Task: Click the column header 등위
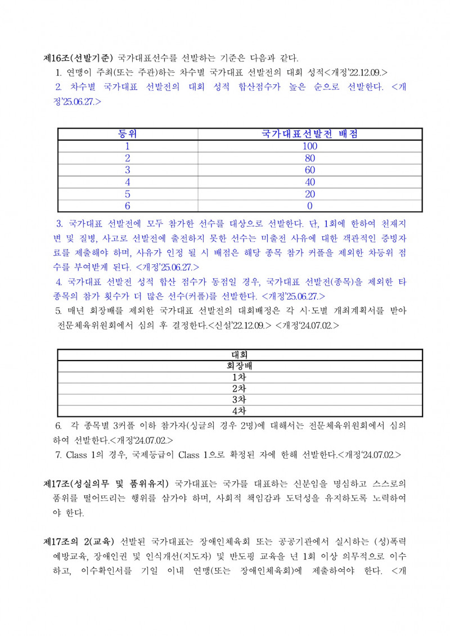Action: pos(128,134)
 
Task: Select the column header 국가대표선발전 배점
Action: pos(310,134)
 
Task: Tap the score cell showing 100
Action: pos(310,146)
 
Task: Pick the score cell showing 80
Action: pos(310,158)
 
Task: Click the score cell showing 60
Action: pos(310,170)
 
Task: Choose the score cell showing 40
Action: pos(310,182)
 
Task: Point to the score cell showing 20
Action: pos(310,194)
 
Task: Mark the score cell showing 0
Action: pos(310,206)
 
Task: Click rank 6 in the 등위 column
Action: pos(128,206)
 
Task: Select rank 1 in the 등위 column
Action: pos(128,146)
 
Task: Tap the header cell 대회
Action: pos(240,355)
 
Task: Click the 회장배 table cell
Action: pos(240,366)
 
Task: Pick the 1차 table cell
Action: pos(240,377)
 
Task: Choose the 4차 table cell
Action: pos(240,411)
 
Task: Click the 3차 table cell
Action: pos(240,399)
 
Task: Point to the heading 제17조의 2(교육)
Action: pos(79,542)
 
